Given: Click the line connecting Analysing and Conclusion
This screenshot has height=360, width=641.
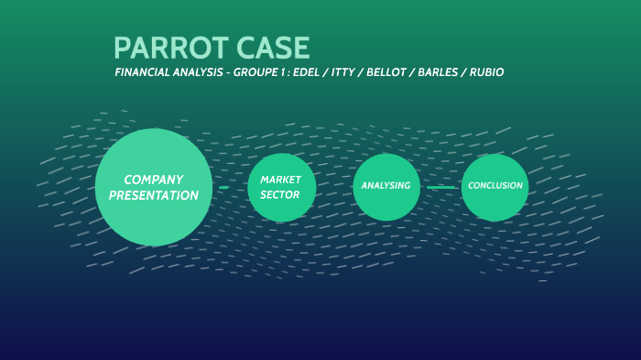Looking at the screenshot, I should (441, 187).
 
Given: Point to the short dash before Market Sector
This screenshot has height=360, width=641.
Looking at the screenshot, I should (223, 187).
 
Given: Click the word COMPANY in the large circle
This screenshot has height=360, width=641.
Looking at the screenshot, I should (154, 180).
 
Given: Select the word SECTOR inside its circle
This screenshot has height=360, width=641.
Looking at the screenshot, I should (279, 194).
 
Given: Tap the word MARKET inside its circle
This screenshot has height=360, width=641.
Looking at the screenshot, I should (281, 180).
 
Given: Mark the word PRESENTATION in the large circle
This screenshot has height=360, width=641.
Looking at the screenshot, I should (154, 195).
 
